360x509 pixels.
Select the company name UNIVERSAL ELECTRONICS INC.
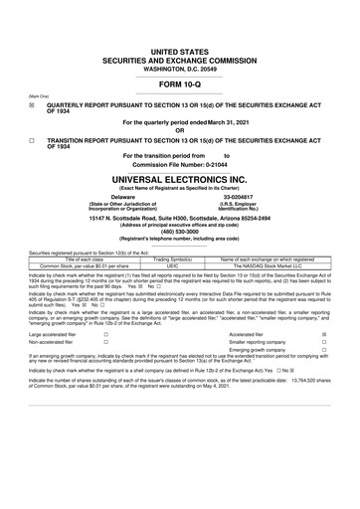pyautogui.click(x=180, y=178)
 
